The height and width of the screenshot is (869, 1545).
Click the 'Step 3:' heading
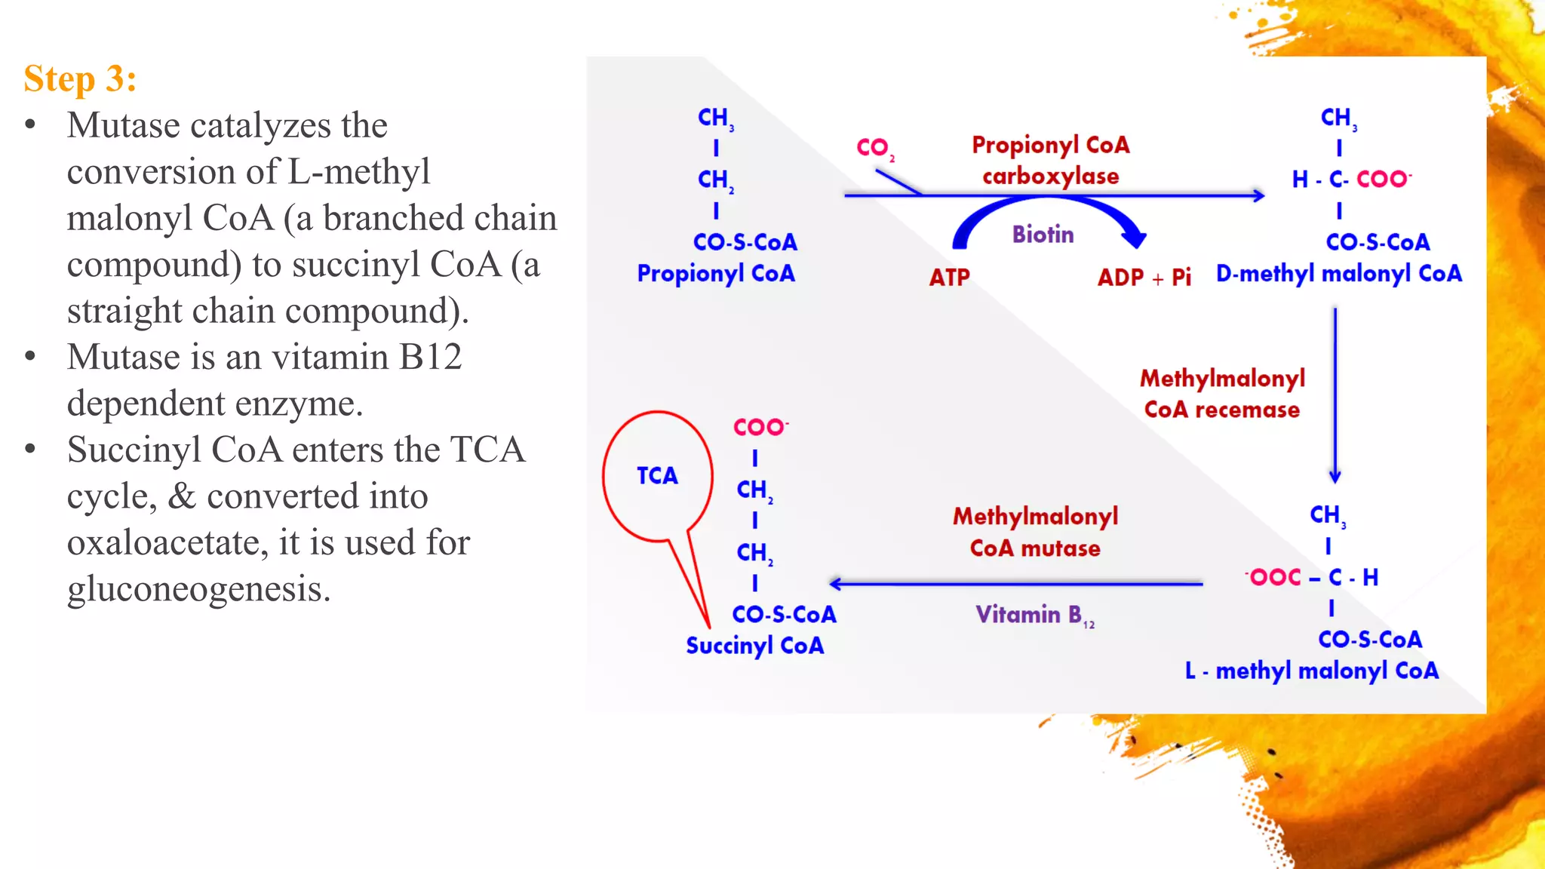80,78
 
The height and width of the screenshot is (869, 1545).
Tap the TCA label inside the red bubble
657,475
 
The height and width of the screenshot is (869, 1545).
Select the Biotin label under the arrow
1043,235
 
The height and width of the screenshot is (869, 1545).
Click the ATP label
949,278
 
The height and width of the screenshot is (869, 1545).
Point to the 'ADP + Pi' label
1144,278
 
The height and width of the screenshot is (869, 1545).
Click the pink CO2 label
874,148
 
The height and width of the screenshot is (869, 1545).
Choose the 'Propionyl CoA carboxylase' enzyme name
1050,160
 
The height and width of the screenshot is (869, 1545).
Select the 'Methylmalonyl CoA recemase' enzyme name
1222,394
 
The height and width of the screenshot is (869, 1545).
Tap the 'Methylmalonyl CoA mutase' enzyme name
1035,532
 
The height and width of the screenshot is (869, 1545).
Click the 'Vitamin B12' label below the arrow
1034,616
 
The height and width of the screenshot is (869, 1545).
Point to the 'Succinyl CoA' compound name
754,646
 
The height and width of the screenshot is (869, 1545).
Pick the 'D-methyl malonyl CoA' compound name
1338,274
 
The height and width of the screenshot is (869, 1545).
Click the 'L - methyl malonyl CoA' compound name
1311,671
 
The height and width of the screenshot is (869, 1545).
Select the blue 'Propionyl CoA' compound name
716,274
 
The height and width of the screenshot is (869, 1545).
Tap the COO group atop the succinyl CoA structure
760,427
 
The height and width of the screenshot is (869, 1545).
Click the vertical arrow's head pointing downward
1335,477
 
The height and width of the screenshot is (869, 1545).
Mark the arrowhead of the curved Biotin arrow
1134,239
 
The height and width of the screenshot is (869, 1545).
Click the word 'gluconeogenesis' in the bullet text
199,589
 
